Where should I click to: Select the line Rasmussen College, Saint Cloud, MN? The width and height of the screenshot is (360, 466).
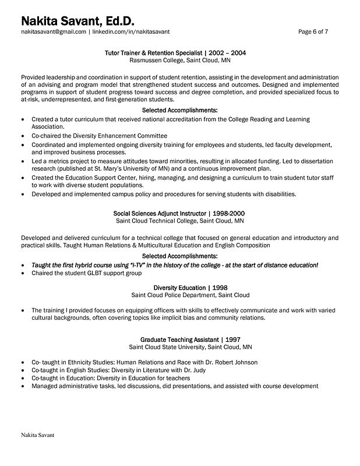point(179,60)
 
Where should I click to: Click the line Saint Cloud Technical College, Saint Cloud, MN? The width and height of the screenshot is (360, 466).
point(179,221)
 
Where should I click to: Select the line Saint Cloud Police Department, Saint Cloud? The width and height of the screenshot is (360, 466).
point(182,295)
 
